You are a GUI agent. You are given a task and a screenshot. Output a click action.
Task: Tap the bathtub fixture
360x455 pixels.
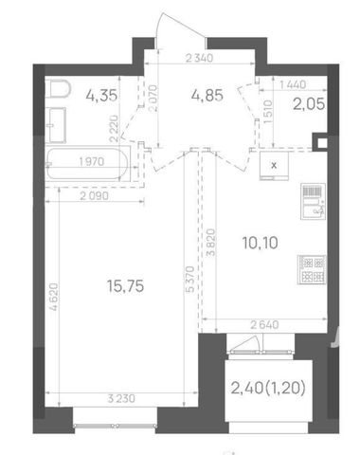88,163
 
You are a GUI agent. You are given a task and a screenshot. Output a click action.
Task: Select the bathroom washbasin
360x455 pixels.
56,125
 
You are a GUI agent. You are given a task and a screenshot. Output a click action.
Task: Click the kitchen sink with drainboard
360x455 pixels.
313,201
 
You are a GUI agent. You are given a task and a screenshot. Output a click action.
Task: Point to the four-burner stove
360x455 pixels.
312,269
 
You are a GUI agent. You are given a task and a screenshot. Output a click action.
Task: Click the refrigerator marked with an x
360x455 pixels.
274,166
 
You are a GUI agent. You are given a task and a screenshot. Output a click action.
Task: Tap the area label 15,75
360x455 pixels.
125,286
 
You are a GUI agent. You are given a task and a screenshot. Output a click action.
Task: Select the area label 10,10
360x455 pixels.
261,243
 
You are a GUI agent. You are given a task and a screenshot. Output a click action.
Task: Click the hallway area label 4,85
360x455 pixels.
207,95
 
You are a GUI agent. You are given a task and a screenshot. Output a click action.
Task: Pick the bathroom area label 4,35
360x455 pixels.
101,95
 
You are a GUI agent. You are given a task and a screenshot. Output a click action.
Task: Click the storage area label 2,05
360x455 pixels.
309,104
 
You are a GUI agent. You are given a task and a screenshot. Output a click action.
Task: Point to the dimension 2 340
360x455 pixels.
200,58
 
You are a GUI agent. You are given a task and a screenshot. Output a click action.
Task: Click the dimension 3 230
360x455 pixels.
121,398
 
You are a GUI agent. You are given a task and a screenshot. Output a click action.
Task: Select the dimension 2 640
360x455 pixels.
264,325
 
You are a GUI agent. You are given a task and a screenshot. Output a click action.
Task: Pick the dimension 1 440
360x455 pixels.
293,84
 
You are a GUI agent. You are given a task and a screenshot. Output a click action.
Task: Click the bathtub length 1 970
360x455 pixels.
92,162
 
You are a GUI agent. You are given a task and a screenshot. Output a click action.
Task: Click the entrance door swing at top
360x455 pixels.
181,29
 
